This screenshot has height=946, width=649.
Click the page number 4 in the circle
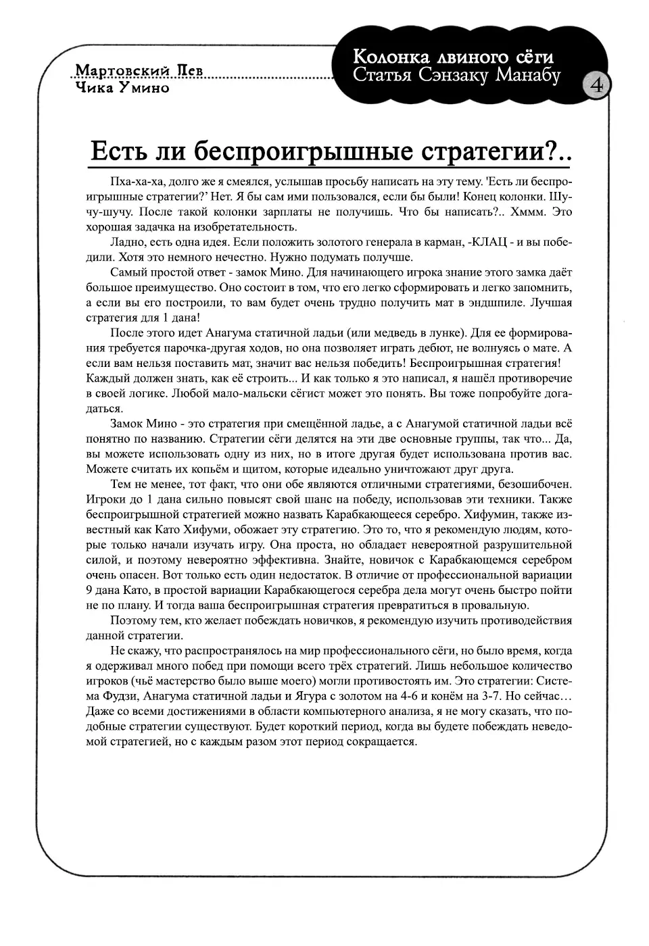(598, 85)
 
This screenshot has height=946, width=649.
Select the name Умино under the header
(142, 88)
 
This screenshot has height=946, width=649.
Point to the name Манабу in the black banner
(529, 75)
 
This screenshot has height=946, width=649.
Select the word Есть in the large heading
(114, 151)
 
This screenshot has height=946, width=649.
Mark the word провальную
(492, 605)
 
